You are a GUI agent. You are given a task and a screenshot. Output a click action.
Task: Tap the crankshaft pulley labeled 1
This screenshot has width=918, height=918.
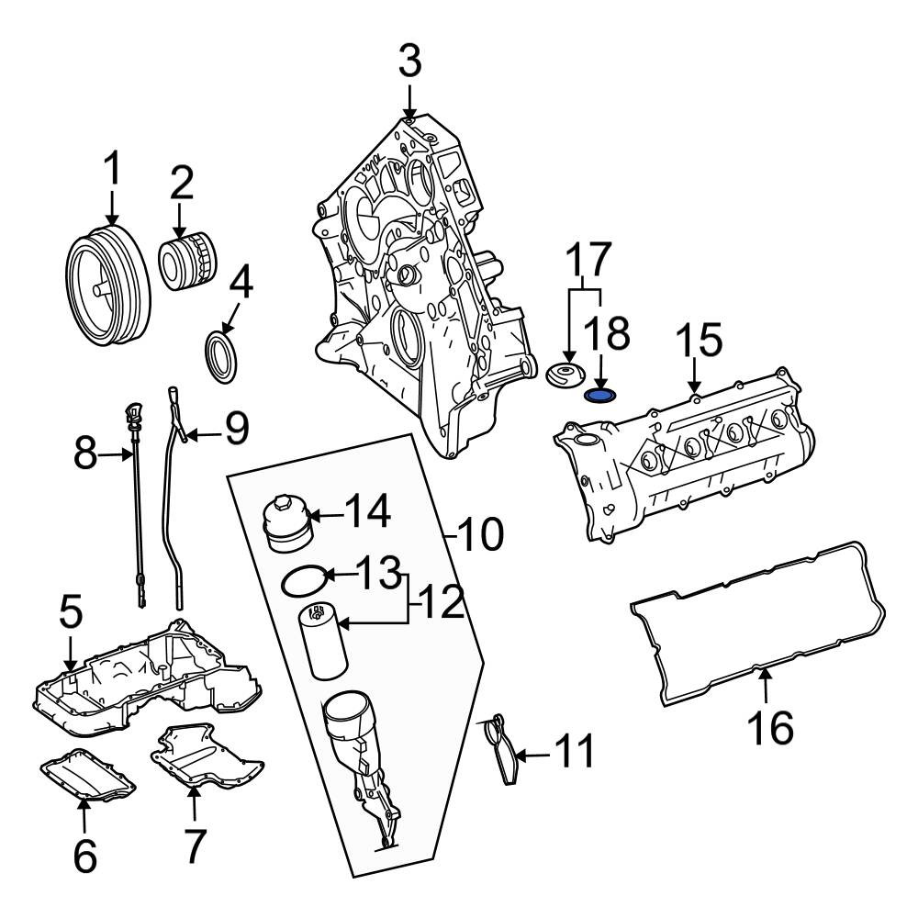107,286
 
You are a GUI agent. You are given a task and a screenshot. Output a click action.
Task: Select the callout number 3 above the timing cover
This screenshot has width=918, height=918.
409,62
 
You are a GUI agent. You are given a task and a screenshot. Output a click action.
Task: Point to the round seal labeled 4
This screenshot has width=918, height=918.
222,357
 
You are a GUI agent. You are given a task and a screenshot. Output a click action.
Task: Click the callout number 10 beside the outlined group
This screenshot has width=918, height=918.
480,534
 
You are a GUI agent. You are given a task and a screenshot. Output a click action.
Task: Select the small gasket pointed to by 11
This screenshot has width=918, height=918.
501,749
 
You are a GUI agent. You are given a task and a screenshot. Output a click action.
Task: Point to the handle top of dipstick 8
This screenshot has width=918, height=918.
133,413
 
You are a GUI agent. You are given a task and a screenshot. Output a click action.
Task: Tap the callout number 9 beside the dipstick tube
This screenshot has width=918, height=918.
237,429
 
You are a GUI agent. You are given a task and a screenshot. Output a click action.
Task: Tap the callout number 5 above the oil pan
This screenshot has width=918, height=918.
71,612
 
